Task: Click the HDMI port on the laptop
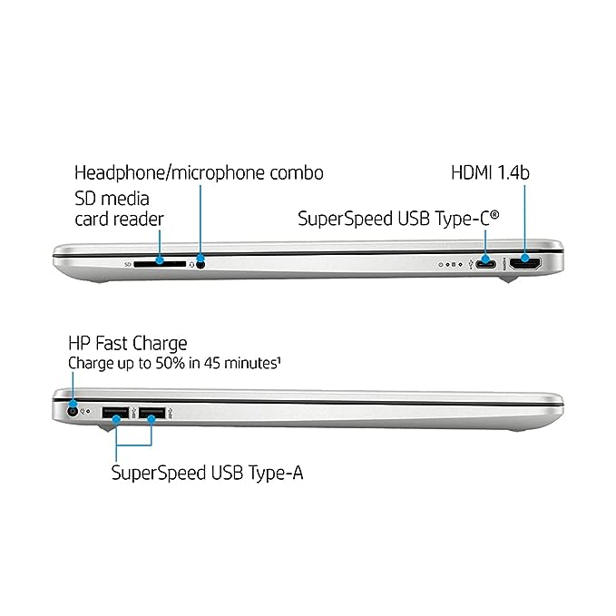525,263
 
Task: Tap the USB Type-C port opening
485,264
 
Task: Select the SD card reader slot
160,264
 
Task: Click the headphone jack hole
200,264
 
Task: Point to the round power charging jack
72,411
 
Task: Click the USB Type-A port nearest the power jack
115,413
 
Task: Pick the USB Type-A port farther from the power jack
152,413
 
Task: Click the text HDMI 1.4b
490,172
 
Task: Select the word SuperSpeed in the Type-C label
345,219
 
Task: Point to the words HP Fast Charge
128,344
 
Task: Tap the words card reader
119,220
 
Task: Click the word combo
297,173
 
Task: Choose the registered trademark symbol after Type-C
495,214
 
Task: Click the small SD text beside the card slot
128,264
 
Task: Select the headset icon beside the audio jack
191,265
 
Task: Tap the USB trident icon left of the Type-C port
471,264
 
